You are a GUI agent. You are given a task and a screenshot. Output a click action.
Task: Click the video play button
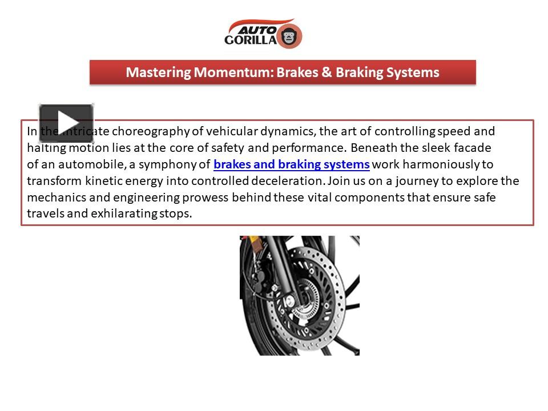(x=66, y=123)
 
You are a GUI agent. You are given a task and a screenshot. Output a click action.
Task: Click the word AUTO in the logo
(x=256, y=29)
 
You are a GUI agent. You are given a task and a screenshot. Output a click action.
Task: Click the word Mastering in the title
(x=158, y=72)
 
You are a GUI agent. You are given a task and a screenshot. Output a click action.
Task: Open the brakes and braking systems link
(x=291, y=165)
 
